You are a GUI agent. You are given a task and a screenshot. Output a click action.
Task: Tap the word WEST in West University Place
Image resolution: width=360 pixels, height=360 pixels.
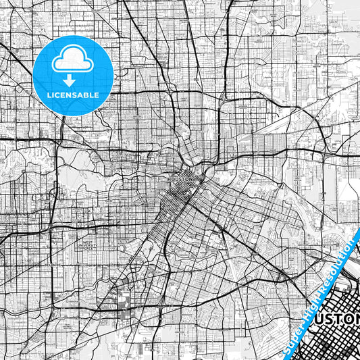pyautogui.click(x=86, y=241)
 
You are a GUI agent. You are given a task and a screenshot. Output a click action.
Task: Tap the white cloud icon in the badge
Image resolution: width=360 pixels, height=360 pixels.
pyautogui.click(x=73, y=59)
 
